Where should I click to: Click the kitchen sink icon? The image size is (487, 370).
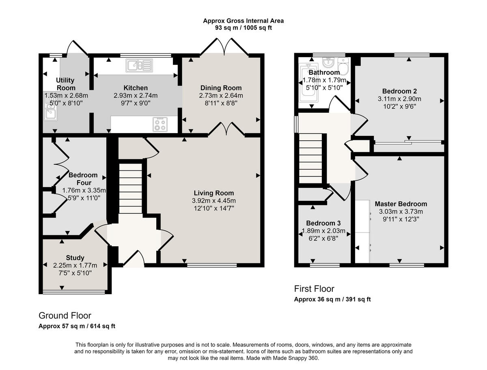(x=138, y=65)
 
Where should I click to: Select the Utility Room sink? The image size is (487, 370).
(x=50, y=112)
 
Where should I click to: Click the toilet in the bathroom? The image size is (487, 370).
(x=343, y=66)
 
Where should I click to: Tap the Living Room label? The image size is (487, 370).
(x=214, y=193)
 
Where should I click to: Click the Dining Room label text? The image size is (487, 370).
(x=221, y=88)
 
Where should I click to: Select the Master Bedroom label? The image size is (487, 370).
(x=401, y=204)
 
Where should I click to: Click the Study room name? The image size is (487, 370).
(x=75, y=258)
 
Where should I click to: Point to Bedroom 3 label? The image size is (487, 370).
(x=323, y=223)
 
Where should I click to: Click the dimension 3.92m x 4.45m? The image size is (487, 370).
(x=214, y=200)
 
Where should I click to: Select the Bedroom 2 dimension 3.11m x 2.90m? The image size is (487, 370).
(x=399, y=99)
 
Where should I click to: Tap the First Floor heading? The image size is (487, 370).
(x=314, y=289)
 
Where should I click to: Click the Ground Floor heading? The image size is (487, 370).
(x=65, y=316)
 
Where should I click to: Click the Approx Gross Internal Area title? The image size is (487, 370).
(x=243, y=21)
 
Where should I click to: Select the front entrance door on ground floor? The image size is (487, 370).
(x=134, y=260)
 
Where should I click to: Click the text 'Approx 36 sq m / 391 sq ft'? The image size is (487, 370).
(x=332, y=299)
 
